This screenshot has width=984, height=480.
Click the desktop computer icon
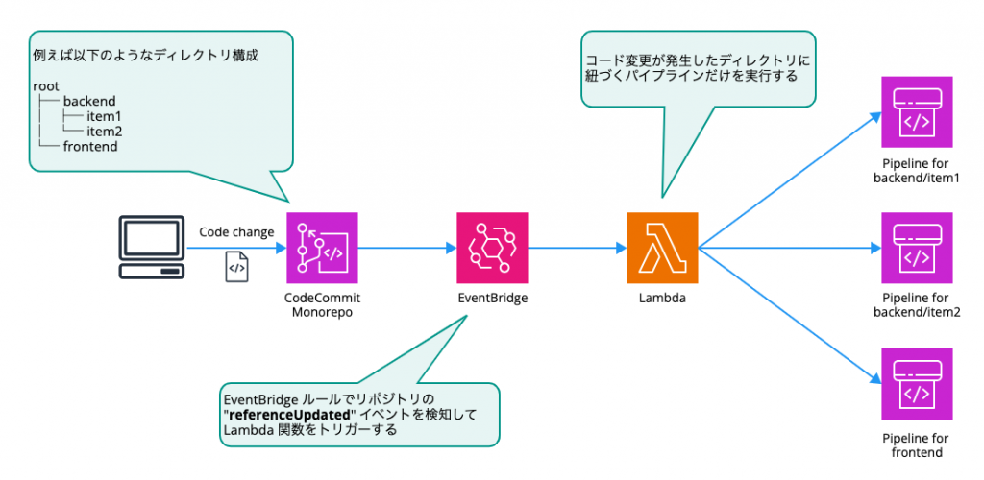[x=151, y=248]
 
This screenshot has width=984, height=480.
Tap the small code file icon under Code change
[x=236, y=267]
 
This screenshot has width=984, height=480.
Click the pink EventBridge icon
[x=492, y=248]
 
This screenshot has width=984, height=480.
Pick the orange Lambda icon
[x=662, y=248]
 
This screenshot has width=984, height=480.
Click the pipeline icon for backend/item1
[x=917, y=112]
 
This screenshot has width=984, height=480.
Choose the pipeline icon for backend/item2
[x=917, y=248]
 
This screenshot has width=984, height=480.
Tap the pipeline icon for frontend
[x=917, y=384]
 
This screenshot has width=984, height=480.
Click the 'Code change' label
[x=236, y=232]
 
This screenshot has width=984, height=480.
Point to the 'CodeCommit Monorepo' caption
[x=322, y=305]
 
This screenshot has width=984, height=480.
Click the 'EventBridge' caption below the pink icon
[x=492, y=299]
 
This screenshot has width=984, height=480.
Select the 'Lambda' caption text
[x=662, y=299]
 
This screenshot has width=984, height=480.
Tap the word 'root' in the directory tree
[x=45, y=85]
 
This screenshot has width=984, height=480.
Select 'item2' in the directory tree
[x=104, y=131]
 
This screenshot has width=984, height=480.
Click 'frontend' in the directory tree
[x=91, y=146]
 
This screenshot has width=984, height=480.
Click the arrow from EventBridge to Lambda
[x=577, y=248]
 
